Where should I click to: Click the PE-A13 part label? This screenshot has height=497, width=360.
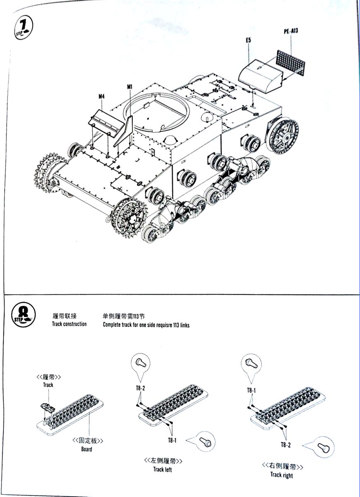(x=291, y=31)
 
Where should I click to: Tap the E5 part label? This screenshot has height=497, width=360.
(x=248, y=40)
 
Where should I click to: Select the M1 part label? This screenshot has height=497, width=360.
(x=130, y=87)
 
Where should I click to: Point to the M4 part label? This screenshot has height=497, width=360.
(x=102, y=97)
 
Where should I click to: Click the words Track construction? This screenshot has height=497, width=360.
(x=69, y=324)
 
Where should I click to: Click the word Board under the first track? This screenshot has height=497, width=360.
(x=86, y=449)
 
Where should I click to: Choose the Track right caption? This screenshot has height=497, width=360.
(x=281, y=475)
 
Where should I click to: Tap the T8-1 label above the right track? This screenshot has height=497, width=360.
(x=252, y=390)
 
